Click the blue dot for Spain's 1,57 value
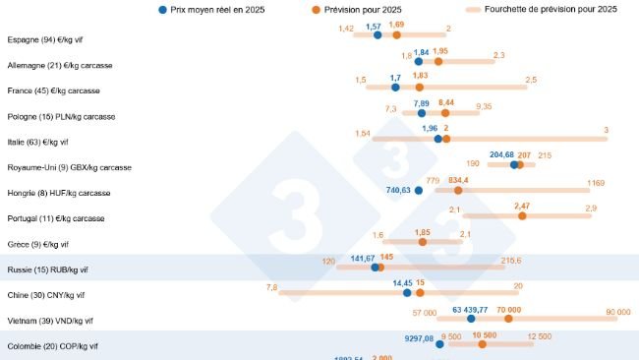378,35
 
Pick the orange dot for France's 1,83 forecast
419,87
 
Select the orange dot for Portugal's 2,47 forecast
522,215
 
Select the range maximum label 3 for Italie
606,130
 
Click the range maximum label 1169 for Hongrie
596,182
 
